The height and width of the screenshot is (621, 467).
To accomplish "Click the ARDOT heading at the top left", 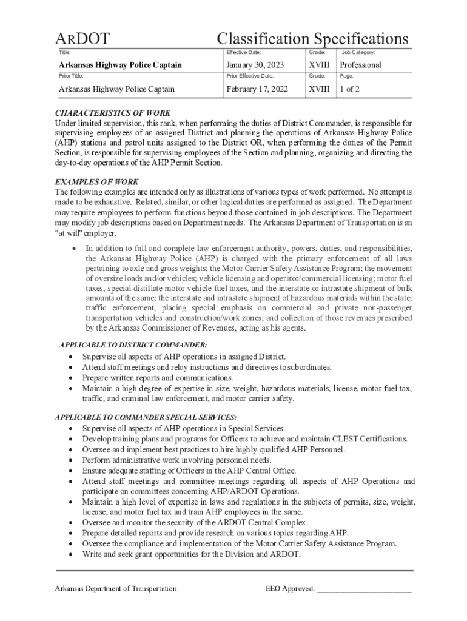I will [82, 39].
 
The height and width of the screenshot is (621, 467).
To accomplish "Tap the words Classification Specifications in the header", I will [312, 39].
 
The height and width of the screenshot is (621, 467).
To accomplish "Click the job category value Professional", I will [360, 65].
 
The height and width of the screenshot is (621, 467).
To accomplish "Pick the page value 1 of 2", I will [349, 89].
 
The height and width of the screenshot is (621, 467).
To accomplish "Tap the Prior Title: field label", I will [71, 76].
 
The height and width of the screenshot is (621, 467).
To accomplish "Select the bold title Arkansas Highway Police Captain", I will [120, 65].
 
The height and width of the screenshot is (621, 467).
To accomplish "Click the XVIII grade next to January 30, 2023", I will [319, 65].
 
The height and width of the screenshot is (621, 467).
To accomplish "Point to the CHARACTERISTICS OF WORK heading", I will [113, 113].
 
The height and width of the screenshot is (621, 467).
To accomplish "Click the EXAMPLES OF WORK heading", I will [96, 182].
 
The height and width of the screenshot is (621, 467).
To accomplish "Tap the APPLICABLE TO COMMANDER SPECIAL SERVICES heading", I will [146, 417].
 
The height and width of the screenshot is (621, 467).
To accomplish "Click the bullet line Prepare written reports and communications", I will [158, 377].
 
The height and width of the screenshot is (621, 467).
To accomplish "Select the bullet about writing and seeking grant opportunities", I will [191, 554].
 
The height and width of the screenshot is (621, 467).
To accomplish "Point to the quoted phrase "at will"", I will [70, 233].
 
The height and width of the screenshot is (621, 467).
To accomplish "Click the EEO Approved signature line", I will [364, 589].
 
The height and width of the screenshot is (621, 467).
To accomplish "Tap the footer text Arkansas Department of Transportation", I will [116, 589].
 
